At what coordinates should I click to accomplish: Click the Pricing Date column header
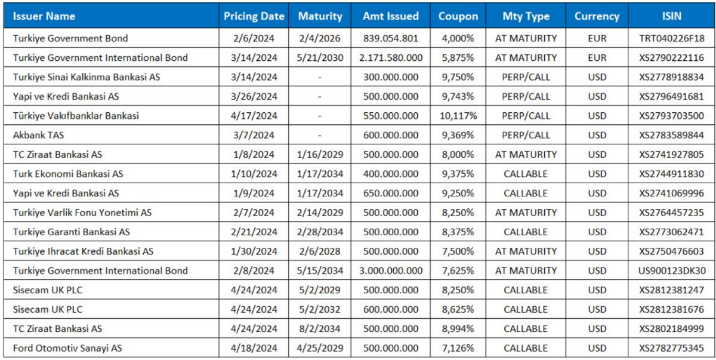pyautogui.click(x=254, y=16)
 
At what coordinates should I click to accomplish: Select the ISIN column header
pyautogui.click(x=672, y=16)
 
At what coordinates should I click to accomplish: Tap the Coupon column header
pyautogui.click(x=458, y=16)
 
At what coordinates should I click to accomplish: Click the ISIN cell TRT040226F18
pyautogui.click(x=672, y=38)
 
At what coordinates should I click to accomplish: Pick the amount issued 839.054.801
pyautogui.click(x=391, y=38)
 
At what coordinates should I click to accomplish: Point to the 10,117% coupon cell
pyautogui.click(x=458, y=116)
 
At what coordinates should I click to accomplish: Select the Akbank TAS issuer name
pyautogui.click(x=38, y=136)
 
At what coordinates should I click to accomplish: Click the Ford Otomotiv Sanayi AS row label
pyautogui.click(x=67, y=348)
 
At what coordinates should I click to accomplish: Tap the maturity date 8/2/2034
pyautogui.click(x=320, y=329)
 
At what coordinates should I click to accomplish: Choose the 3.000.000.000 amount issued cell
pyautogui.click(x=391, y=271)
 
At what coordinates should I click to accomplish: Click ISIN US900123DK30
pyautogui.click(x=672, y=271)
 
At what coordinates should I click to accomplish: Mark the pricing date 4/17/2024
pyautogui.click(x=254, y=116)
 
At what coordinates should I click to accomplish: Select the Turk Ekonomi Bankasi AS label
pyautogui.click(x=68, y=174)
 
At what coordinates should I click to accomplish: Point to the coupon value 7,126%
pyautogui.click(x=458, y=348)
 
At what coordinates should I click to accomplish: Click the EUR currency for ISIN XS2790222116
pyautogui.click(x=597, y=58)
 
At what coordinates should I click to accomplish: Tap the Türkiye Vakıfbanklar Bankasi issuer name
pyautogui.click(x=76, y=116)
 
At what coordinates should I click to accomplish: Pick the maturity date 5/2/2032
pyautogui.click(x=320, y=309)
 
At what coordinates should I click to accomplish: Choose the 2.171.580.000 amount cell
pyautogui.click(x=391, y=58)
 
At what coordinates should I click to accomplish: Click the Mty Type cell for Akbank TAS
pyautogui.click(x=526, y=136)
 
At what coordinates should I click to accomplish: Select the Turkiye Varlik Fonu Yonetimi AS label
pyautogui.click(x=82, y=213)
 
